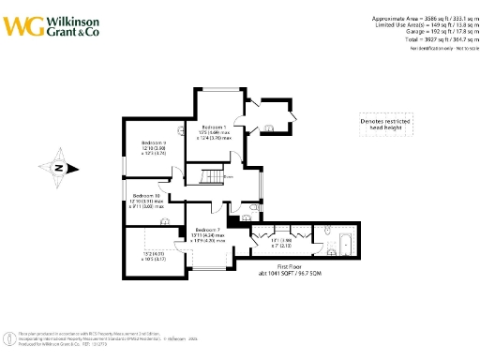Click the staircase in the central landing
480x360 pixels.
pos(204,174)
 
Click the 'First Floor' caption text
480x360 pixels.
pos(300,266)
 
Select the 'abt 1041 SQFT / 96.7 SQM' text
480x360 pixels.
pos(300,274)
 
